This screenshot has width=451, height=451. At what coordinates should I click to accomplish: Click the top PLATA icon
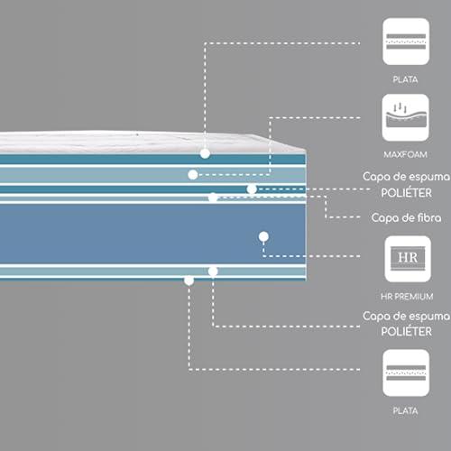coord(406,41)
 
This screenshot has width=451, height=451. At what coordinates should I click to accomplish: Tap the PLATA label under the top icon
coord(405,79)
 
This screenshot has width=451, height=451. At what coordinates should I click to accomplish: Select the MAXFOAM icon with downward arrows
coord(406,117)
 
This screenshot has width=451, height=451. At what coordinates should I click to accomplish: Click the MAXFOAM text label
coord(405,155)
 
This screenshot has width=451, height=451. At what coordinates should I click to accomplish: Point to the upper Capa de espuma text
coord(406,177)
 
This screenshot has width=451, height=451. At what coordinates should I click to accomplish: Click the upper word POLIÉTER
coord(407,193)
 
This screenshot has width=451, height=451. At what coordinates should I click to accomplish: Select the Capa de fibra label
coord(406,217)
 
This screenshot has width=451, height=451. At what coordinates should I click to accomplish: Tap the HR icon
coord(408,259)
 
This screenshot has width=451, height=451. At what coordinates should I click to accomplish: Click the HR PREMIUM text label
coord(407,297)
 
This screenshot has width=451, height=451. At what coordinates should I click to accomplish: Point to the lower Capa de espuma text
coord(406,316)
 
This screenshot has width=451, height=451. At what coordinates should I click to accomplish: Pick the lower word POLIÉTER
coord(407,332)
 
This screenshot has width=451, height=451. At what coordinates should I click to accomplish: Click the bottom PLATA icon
coord(406,373)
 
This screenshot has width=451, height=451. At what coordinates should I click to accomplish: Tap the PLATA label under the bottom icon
coord(405,410)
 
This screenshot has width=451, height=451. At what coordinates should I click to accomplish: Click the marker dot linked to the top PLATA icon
coord(205,153)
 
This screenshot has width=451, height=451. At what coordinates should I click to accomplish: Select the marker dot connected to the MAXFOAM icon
coord(193,175)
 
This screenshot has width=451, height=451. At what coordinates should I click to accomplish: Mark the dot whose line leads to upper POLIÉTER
coord(252,189)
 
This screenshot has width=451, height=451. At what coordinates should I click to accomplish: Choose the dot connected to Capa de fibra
coord(213,198)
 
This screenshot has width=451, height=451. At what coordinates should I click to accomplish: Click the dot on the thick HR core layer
coord(263,236)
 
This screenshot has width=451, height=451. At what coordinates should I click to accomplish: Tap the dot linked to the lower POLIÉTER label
coord(213,272)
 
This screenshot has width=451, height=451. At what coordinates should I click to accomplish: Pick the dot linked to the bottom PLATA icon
coord(189,281)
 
